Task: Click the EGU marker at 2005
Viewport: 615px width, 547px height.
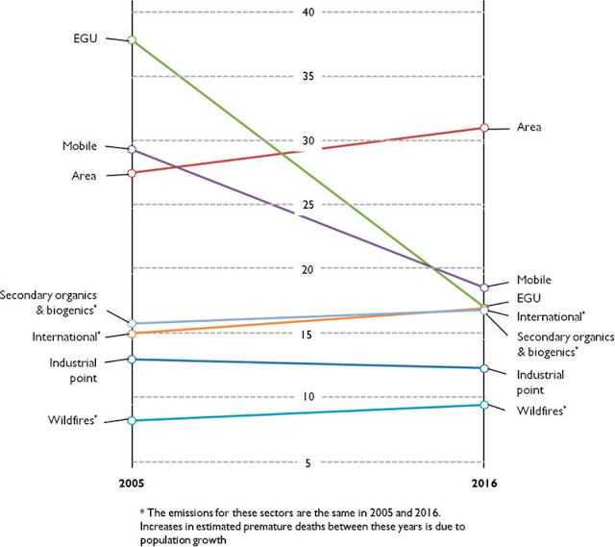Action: coord(132,40)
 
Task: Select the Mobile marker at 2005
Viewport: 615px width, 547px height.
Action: coord(132,149)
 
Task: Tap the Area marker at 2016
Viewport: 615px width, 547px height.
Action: coord(484,127)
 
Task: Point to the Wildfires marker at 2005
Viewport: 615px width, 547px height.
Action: coord(132,420)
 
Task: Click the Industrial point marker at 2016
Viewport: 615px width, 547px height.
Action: coord(484,368)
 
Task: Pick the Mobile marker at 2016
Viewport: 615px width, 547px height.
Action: coord(484,287)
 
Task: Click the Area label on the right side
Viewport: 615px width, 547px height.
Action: coord(530,127)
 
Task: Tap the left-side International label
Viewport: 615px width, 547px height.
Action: coord(71,336)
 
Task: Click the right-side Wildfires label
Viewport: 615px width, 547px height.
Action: coord(540,411)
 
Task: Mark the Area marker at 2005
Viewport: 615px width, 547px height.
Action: coord(132,173)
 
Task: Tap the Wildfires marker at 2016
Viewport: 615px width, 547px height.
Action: coord(484,405)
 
